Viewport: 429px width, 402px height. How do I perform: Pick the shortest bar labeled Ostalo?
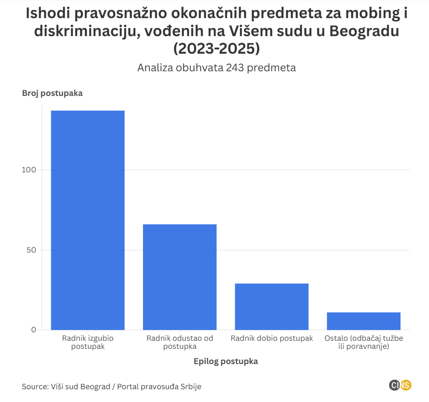click(363, 321)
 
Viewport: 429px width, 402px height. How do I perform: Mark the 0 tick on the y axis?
click(34, 329)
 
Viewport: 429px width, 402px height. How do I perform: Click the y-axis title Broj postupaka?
click(52, 93)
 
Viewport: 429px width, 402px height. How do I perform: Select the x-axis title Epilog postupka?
click(226, 361)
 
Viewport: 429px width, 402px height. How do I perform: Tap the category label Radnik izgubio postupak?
click(88, 342)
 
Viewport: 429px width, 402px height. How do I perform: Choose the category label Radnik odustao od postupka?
click(180, 342)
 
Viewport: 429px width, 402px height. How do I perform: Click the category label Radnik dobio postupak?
click(272, 338)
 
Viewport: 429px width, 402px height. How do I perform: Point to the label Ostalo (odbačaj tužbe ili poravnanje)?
click(363, 342)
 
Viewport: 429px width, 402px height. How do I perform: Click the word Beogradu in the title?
click(363, 31)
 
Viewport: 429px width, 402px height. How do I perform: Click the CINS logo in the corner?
click(400, 385)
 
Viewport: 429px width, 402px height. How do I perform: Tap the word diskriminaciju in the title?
click(82, 31)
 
